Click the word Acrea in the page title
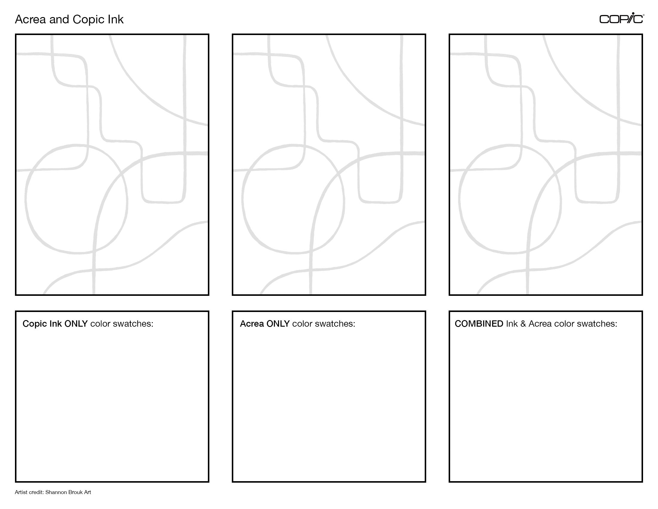[31, 19]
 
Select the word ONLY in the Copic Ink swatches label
[76, 324]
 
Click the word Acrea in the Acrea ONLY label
[252, 324]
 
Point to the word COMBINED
[479, 324]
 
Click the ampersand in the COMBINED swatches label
[523, 324]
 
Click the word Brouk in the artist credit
[75, 492]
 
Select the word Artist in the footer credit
[20, 492]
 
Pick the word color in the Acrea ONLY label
[302, 324]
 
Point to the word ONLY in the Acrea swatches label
[278, 324]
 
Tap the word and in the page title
[60, 19]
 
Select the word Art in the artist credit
[87, 492]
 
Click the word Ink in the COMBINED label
[512, 324]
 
